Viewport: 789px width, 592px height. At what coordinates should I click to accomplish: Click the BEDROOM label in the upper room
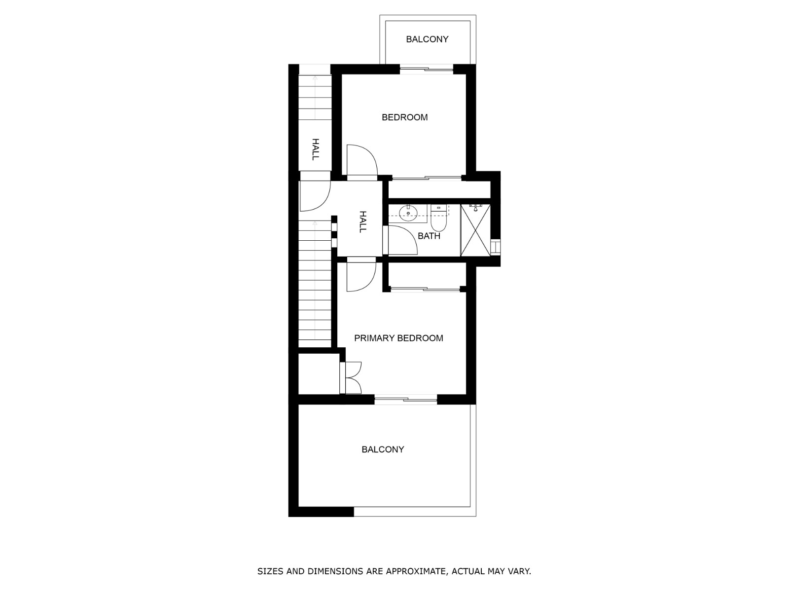pyautogui.click(x=404, y=117)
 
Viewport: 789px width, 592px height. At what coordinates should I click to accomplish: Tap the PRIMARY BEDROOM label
pyautogui.click(x=398, y=338)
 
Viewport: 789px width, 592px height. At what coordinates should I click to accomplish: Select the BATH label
pyautogui.click(x=429, y=236)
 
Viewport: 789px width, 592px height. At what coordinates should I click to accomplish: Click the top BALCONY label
pyautogui.click(x=427, y=39)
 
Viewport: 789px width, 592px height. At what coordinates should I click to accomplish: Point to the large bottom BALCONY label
pyautogui.click(x=383, y=449)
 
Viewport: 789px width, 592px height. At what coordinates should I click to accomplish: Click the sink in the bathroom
pyautogui.click(x=408, y=213)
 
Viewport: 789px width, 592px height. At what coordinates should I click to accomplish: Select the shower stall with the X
pyautogui.click(x=475, y=230)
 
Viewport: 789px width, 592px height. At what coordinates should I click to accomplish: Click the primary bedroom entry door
pyautogui.click(x=360, y=276)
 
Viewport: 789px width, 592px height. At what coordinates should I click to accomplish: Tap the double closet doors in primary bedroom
pyautogui.click(x=352, y=378)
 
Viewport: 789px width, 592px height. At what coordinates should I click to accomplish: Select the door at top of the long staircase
pyautogui.click(x=314, y=195)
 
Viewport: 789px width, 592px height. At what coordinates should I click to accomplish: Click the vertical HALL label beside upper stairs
pyautogui.click(x=315, y=149)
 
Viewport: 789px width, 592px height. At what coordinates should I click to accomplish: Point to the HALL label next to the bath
pyautogui.click(x=362, y=222)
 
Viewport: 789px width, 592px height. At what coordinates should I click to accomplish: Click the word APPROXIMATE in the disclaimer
pyautogui.click(x=416, y=572)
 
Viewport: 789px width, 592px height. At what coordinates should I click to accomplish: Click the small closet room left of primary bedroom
pyautogui.click(x=319, y=373)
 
